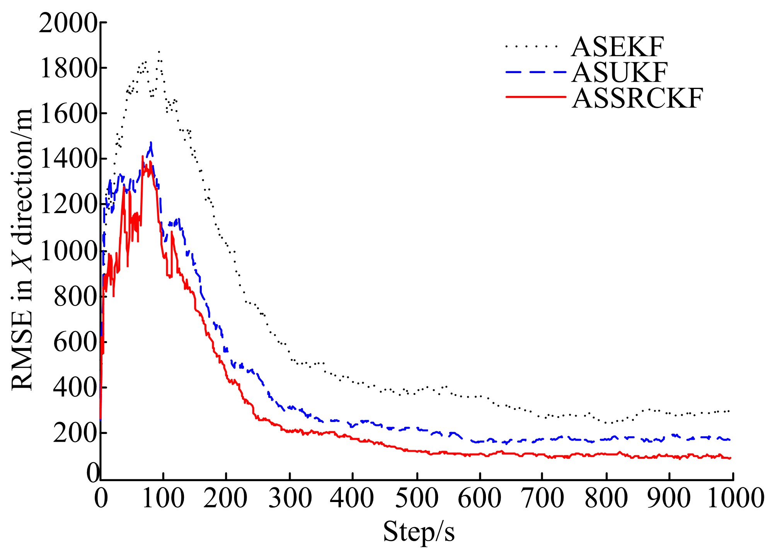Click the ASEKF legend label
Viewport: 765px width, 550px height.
pyautogui.click(x=617, y=47)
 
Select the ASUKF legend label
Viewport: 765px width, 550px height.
pyautogui.click(x=619, y=72)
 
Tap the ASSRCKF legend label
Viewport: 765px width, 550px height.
pyautogui.click(x=637, y=98)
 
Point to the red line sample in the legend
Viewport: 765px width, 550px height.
pyautogui.click(x=536, y=97)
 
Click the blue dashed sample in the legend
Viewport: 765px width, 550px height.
pyautogui.click(x=536, y=72)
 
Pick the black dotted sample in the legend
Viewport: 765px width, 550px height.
pyautogui.click(x=532, y=46)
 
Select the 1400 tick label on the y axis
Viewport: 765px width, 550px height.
pyautogui.click(x=68, y=159)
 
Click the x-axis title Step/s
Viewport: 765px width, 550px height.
pyautogui.click(x=419, y=532)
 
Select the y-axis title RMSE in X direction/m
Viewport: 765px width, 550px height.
pyautogui.click(x=22, y=249)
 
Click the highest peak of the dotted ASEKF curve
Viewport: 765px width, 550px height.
pyautogui.click(x=159, y=51)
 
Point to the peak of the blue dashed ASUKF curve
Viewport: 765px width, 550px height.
pyautogui.click(x=151, y=143)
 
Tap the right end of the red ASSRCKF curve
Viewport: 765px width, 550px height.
pyautogui.click(x=730, y=458)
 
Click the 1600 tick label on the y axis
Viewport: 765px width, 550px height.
pyautogui.click(x=68, y=113)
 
